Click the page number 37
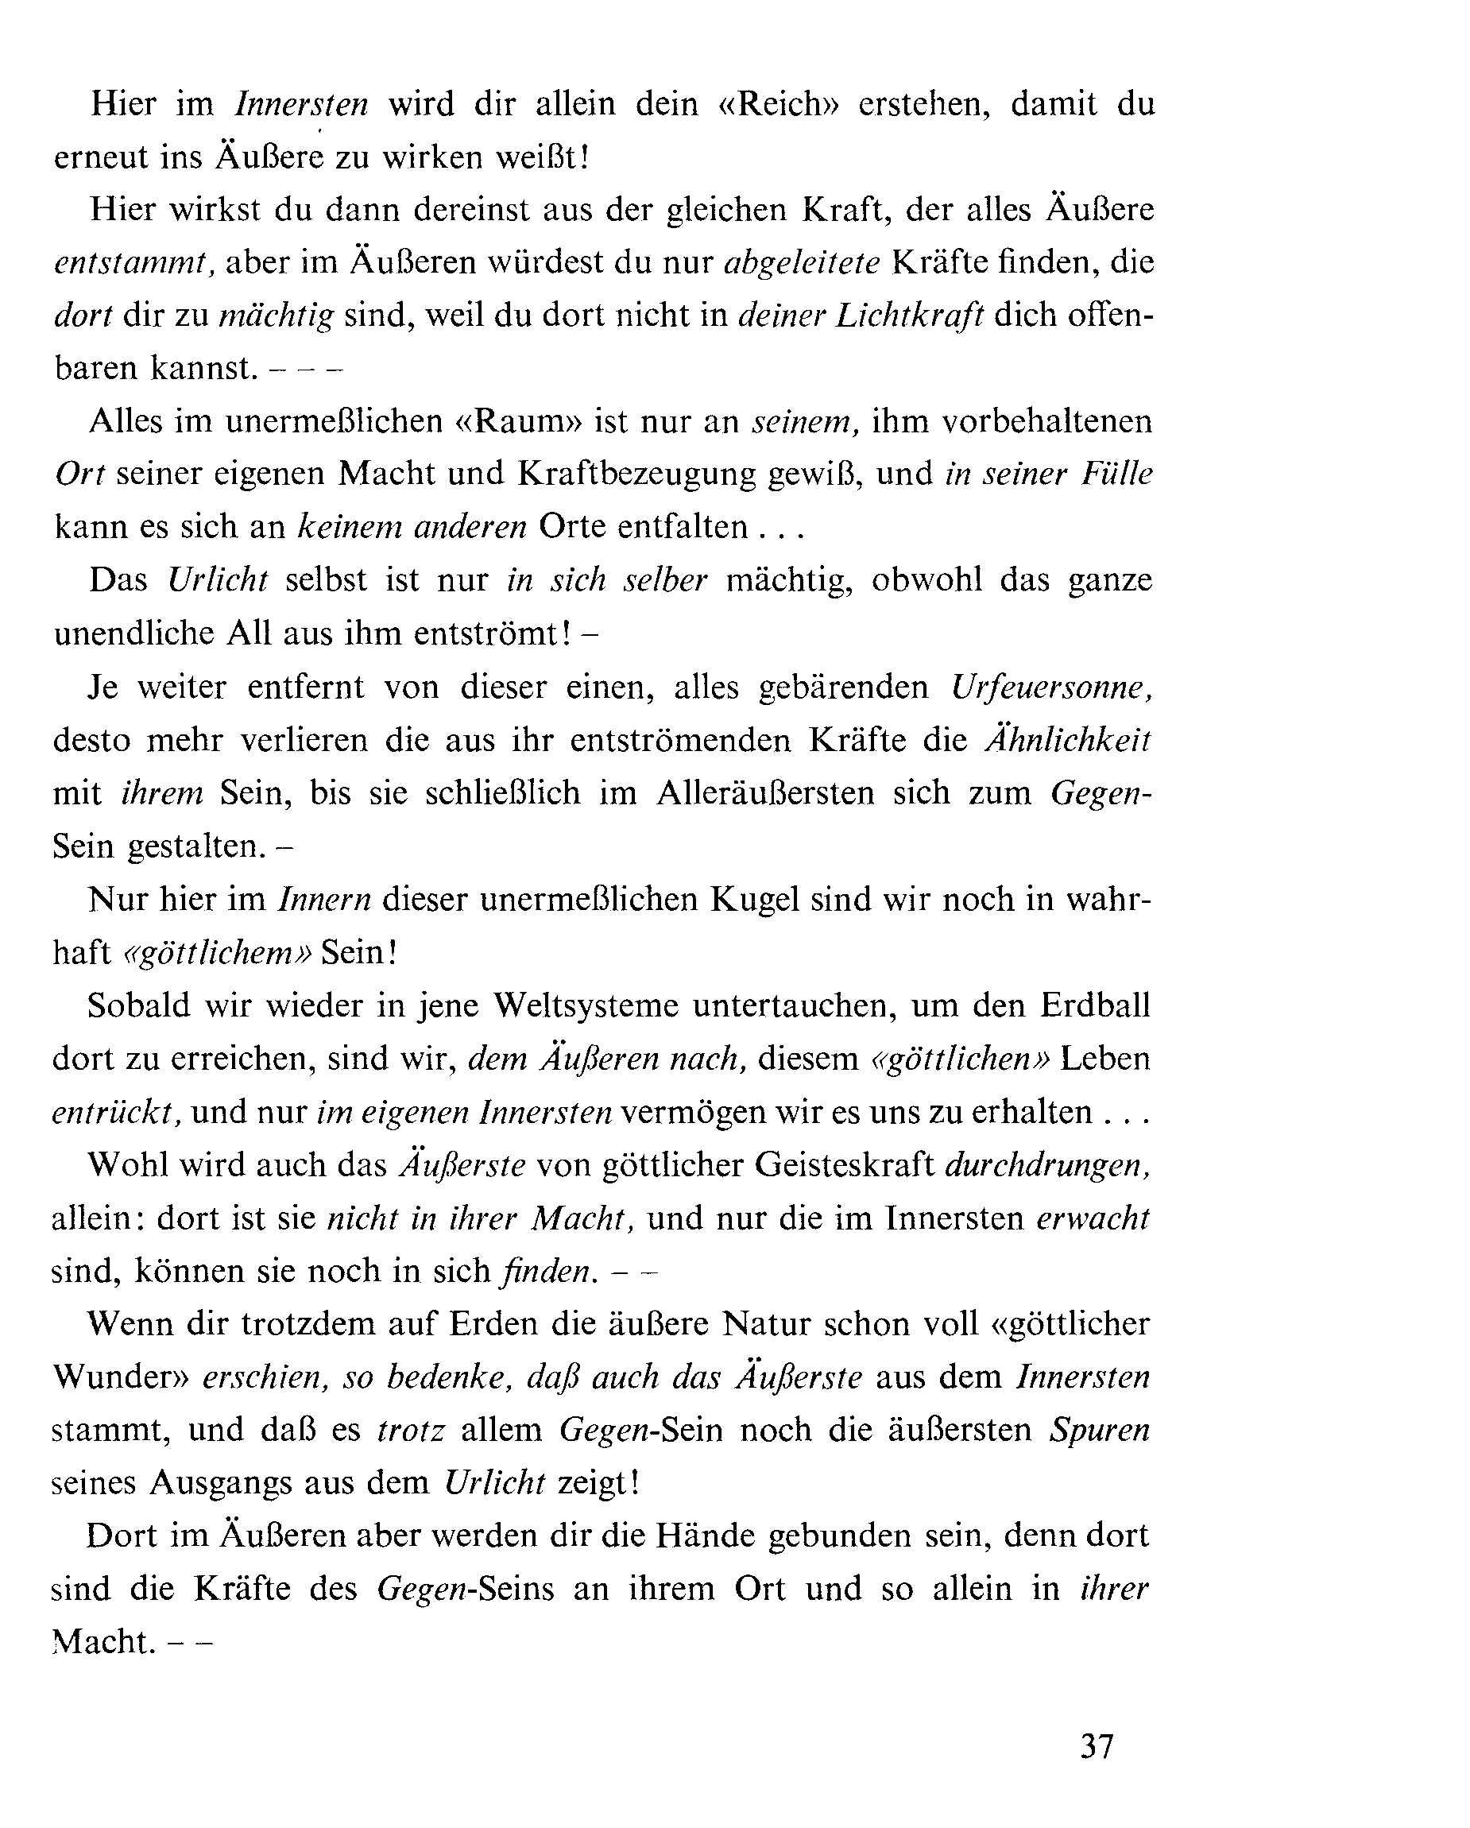[1096, 1748]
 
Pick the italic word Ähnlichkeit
[1067, 740]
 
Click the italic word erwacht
[1093, 1218]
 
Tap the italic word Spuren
[1100, 1431]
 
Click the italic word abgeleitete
[802, 263]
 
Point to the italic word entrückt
[116, 1113]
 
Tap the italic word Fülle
[1116, 474]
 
